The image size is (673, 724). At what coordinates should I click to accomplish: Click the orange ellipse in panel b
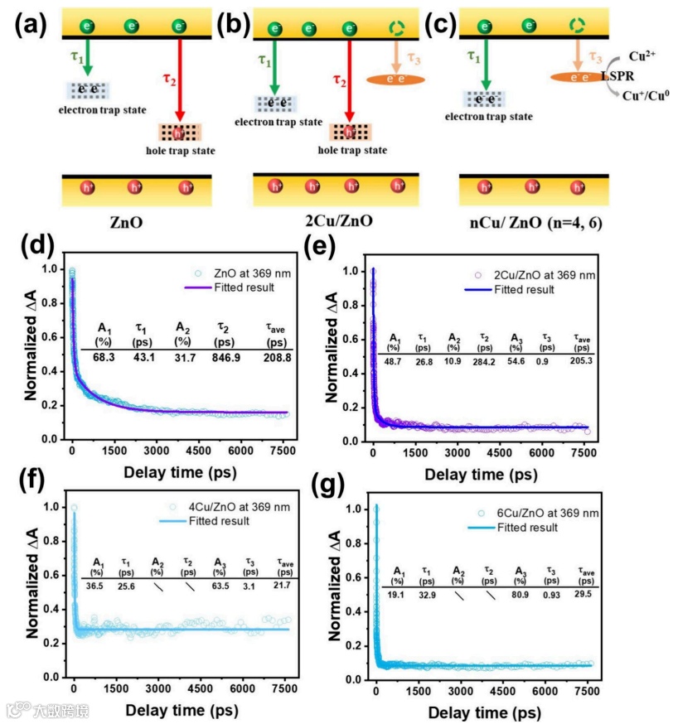click(395, 80)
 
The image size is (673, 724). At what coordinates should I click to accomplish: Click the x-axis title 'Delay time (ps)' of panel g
click(481, 712)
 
